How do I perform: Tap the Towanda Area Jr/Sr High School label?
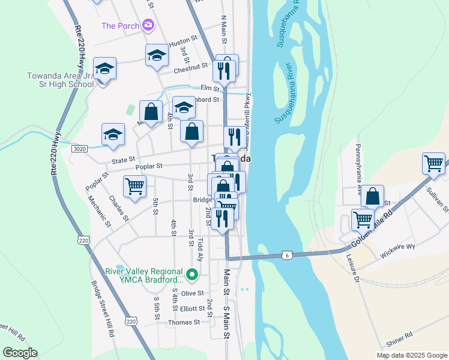click(x=61, y=80)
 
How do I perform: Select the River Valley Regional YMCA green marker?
click(x=192, y=275)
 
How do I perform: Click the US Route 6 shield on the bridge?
click(x=287, y=255)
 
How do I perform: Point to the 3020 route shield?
click(x=78, y=148)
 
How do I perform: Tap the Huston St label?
click(x=183, y=43)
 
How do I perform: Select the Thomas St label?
click(x=184, y=322)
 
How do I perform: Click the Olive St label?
click(x=193, y=293)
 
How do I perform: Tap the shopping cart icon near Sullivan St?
click(x=433, y=163)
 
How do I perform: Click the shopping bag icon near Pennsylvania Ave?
click(x=372, y=196)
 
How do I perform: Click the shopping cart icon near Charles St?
click(x=135, y=186)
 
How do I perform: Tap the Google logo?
click(x=20, y=353)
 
